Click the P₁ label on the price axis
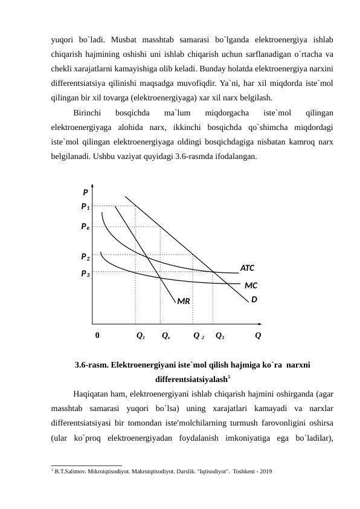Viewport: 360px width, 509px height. [86, 206]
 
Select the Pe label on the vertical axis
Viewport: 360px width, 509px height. [86, 227]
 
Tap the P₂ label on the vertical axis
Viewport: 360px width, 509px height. [86, 256]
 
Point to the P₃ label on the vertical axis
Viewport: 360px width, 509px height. [86, 273]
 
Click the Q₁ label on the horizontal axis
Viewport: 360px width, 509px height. [140, 335]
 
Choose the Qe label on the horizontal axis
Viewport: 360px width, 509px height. [166, 335]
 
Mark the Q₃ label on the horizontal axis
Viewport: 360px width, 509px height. [220, 335]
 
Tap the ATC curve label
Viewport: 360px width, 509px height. [248, 267]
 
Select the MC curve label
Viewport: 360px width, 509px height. [251, 284]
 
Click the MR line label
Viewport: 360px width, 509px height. [184, 300]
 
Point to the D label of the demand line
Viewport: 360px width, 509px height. [254, 299]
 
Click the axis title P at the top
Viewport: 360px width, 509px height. [85, 193]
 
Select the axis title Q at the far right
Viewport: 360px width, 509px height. [259, 335]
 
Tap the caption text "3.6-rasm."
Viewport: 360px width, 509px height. [92, 365]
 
